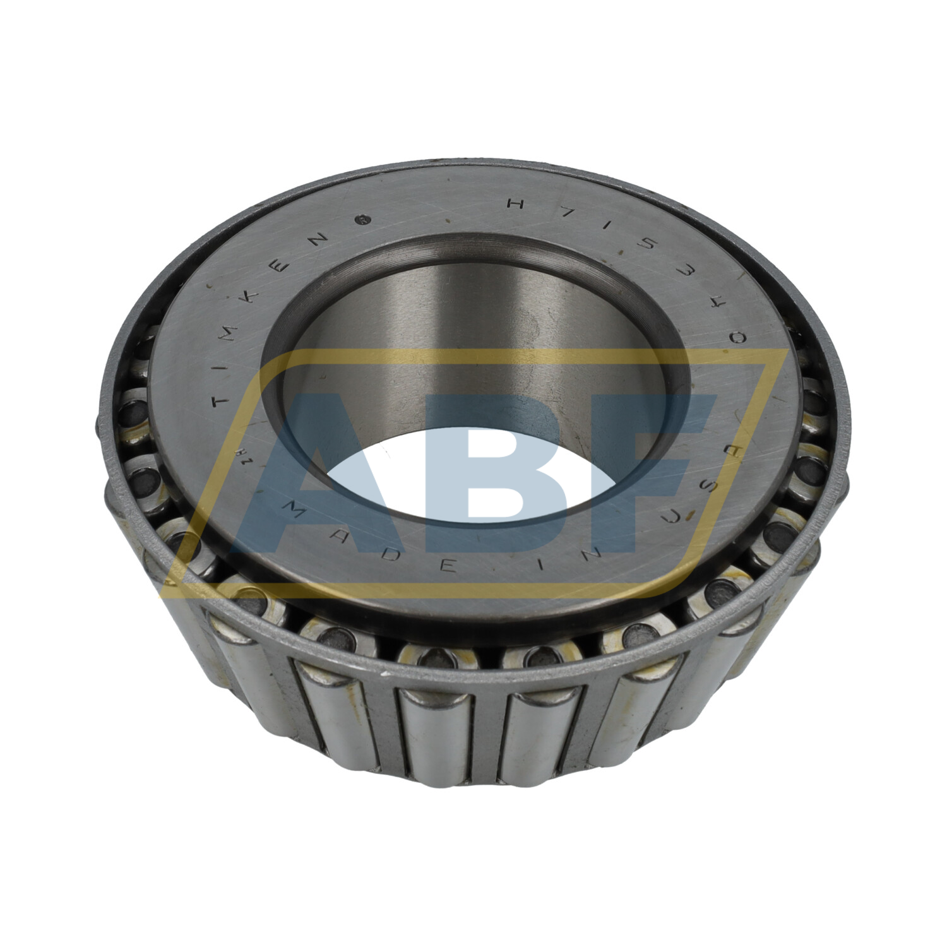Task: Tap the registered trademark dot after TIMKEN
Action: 362,220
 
